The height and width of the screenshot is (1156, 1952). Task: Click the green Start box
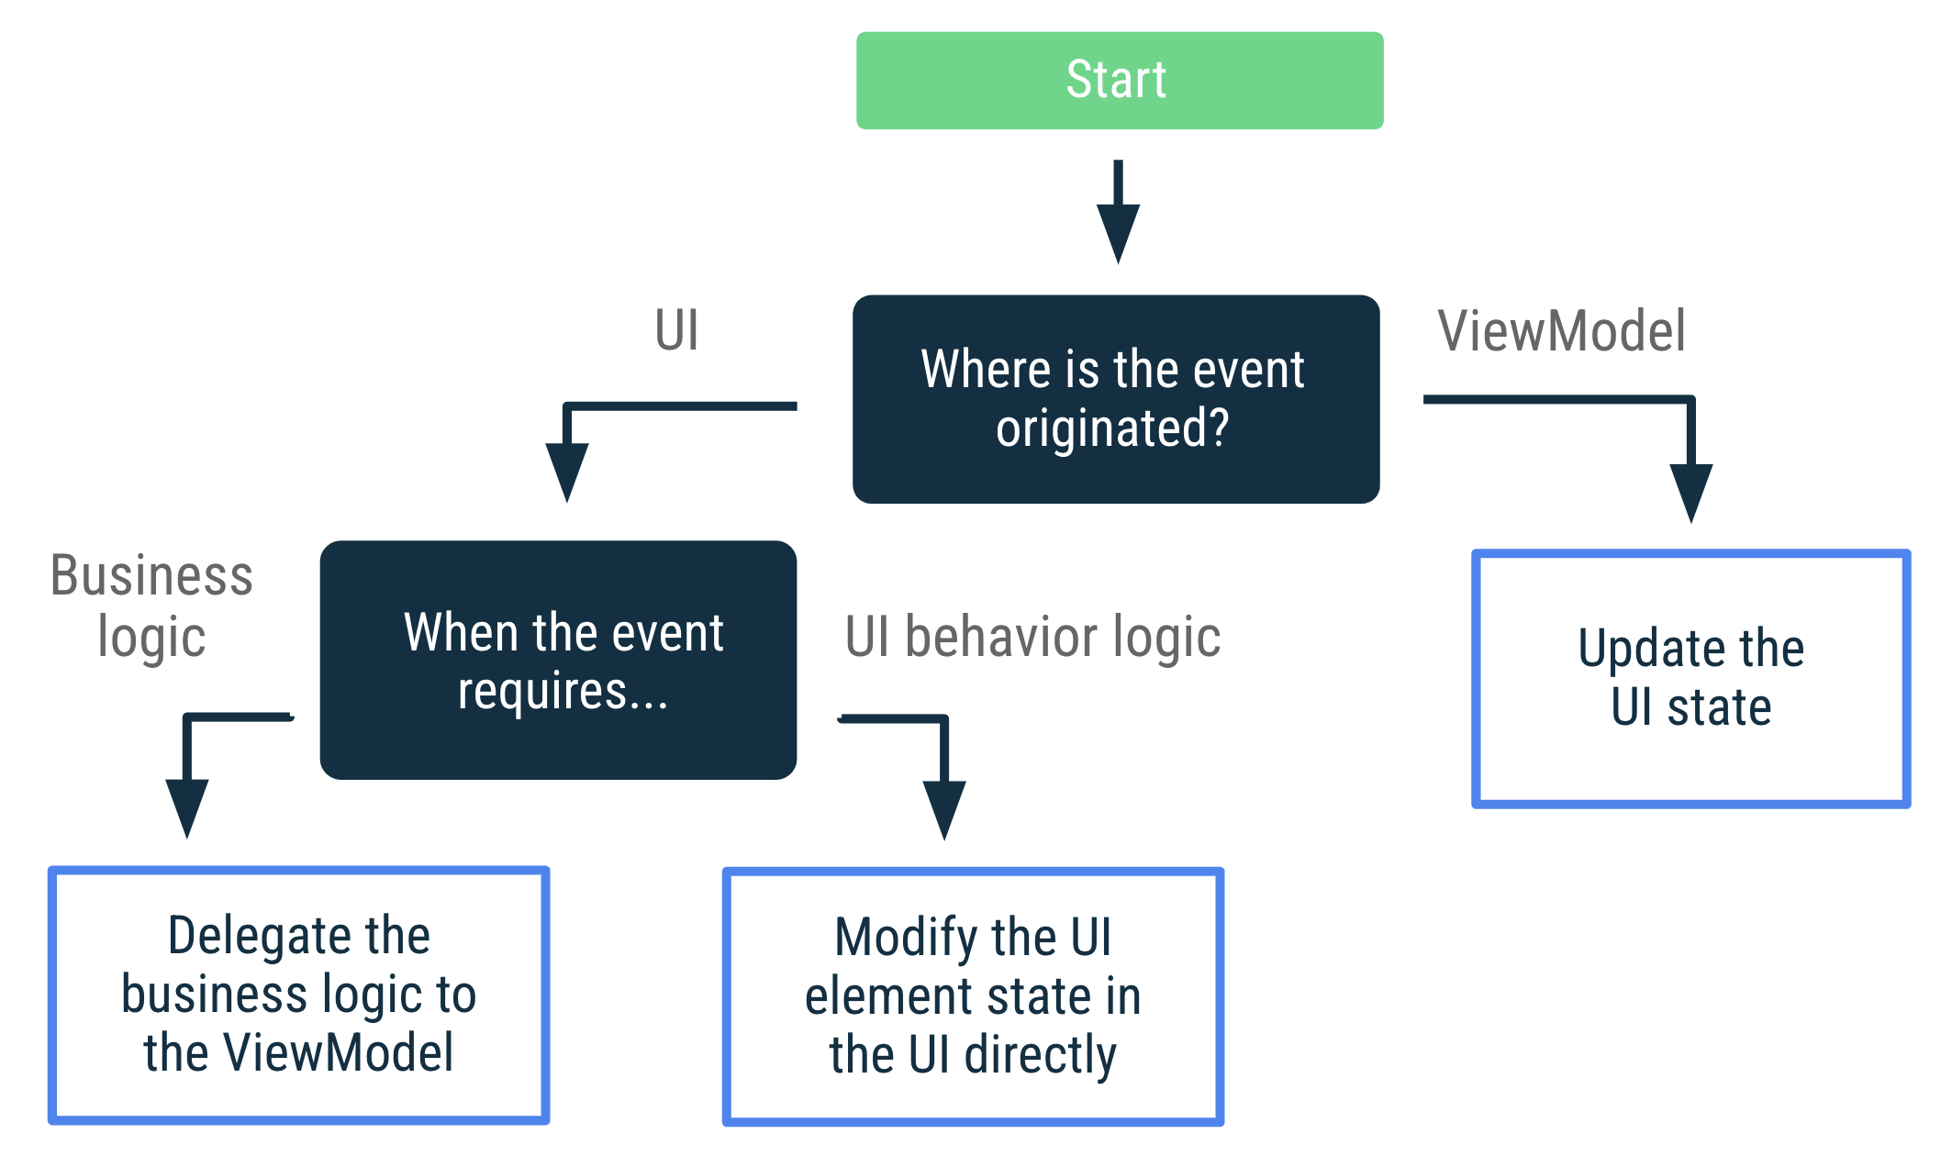pyautogui.click(x=1119, y=81)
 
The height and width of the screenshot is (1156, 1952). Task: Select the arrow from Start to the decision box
pyautogui.click(x=1118, y=216)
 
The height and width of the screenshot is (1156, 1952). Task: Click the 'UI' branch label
pyautogui.click(x=677, y=330)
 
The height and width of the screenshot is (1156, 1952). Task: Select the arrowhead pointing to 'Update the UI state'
pyautogui.click(x=1690, y=491)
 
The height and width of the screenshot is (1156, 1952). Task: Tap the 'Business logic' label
pyautogui.click(x=151, y=606)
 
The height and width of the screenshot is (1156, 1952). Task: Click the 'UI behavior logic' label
pyautogui.click(x=1032, y=637)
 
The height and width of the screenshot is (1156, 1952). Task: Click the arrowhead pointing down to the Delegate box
pyautogui.click(x=187, y=806)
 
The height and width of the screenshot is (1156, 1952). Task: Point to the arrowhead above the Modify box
pyautogui.click(x=944, y=807)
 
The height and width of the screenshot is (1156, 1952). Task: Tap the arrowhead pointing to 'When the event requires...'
pyautogui.click(x=567, y=470)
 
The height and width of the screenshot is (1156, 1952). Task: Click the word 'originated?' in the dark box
pyautogui.click(x=1112, y=428)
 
